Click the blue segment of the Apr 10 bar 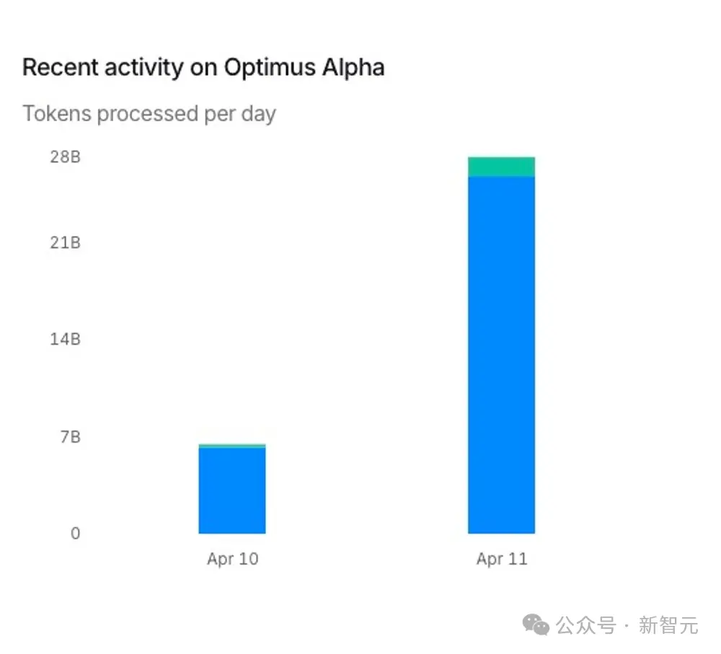coord(232,490)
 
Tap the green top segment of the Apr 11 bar coord(501,167)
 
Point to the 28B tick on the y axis coord(65,156)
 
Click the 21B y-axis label coord(65,242)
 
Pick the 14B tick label coord(65,339)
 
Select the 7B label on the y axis coord(69,437)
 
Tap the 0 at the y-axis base coord(75,534)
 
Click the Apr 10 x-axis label coord(232,559)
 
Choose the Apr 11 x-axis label coord(502,559)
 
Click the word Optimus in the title coord(270,68)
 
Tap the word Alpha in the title coord(353,68)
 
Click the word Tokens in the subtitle coord(57,114)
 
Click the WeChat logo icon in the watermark coord(536,624)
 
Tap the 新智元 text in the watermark coord(668,625)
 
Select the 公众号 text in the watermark coord(585,625)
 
